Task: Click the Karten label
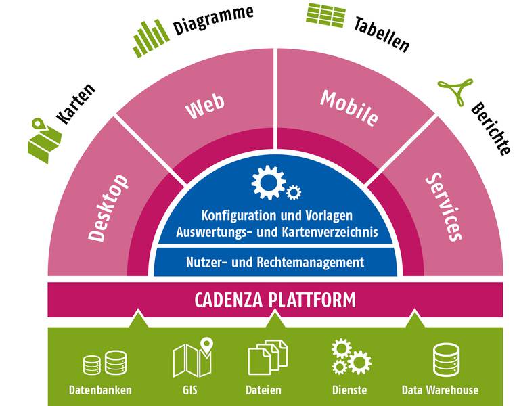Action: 75,106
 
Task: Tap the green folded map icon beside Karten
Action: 45,141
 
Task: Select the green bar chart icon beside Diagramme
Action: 150,39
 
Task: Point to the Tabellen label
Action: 382,33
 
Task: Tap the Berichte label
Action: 491,129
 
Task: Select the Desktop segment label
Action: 108,208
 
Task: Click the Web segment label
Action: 205,108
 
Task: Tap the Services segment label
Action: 443,207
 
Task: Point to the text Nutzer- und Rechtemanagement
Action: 274,262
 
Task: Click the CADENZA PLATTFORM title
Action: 275,298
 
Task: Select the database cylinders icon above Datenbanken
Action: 104,363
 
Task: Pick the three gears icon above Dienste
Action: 350,357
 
